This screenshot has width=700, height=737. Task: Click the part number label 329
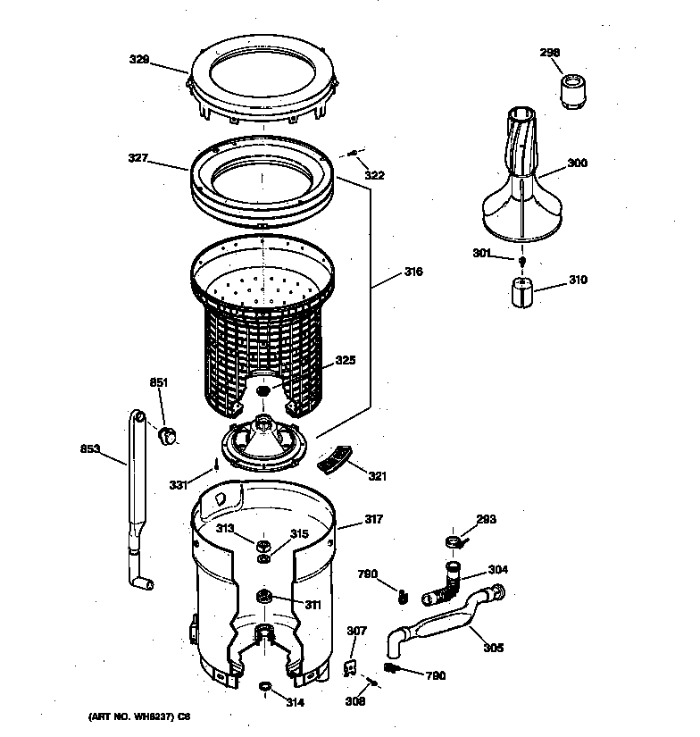[137, 61]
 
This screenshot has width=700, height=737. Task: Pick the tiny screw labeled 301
[521, 260]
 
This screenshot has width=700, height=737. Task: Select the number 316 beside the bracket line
[412, 272]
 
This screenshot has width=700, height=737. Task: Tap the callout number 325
[346, 361]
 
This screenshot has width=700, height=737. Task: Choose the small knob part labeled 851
[166, 435]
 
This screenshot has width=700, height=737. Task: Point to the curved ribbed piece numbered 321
[335, 459]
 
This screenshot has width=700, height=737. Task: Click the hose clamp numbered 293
[454, 540]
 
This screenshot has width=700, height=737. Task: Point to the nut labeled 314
[264, 686]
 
